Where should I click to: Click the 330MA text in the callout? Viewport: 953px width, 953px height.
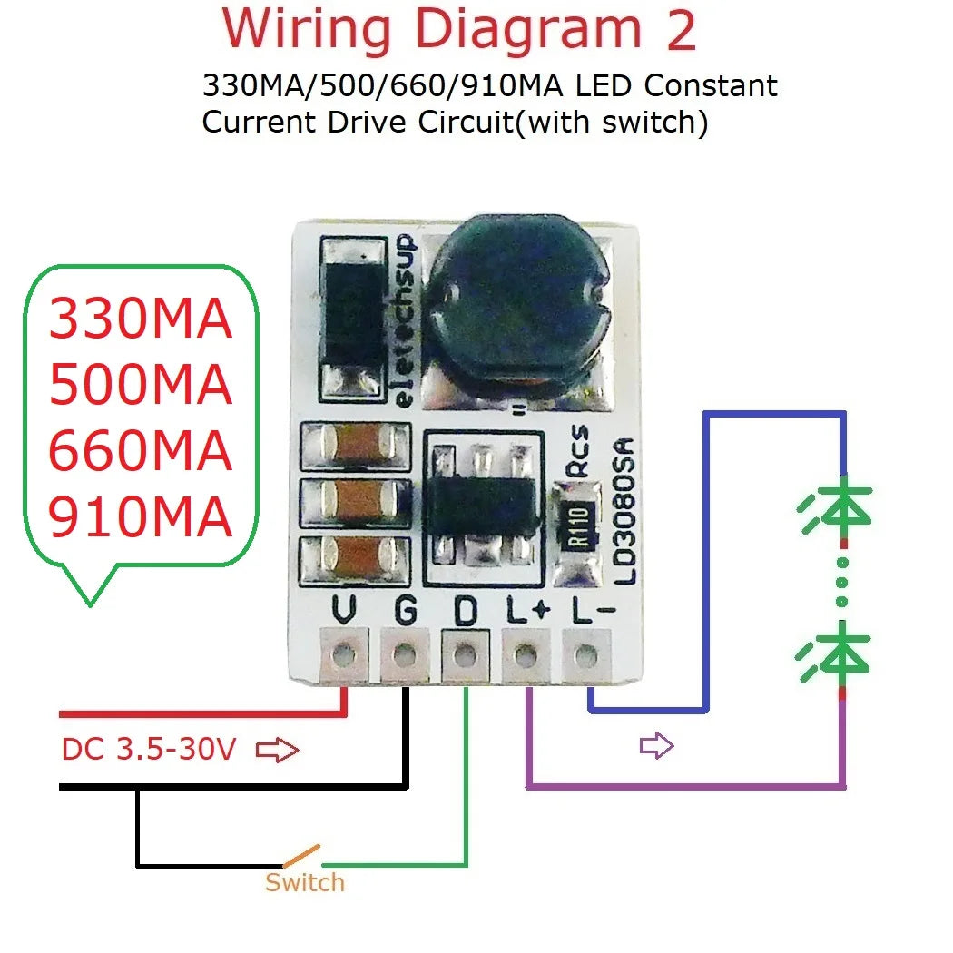point(140,319)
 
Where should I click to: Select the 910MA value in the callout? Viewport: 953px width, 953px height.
point(140,518)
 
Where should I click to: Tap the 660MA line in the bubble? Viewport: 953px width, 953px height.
point(140,452)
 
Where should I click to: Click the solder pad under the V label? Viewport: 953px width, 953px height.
point(344,652)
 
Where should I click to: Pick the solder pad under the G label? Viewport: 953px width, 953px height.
point(404,652)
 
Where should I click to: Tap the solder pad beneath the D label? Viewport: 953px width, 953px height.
point(464,652)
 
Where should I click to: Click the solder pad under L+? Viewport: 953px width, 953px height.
point(525,652)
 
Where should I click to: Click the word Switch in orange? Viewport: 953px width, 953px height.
point(305,882)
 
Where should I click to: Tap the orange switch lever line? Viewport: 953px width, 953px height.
point(301,855)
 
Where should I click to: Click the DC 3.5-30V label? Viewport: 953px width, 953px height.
point(149,750)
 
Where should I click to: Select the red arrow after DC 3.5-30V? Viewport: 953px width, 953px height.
point(278,751)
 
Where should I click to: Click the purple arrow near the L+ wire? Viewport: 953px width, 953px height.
point(656,746)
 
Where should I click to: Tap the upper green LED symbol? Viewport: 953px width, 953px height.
point(836,512)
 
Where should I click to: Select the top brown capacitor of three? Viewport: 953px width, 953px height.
point(355,444)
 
